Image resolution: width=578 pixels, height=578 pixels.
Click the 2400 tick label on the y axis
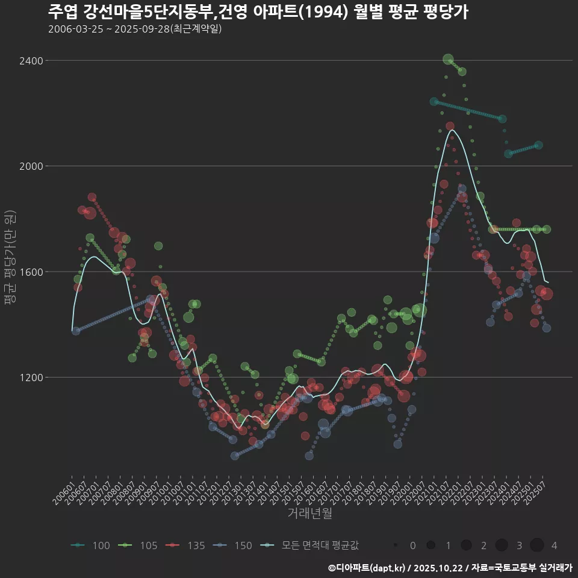point(31,61)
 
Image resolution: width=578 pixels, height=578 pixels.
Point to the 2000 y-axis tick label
point(31,166)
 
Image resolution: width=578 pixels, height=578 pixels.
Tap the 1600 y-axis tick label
point(31,272)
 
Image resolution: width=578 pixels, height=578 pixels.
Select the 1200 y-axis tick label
point(31,378)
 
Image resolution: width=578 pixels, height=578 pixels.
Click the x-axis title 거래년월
point(309,514)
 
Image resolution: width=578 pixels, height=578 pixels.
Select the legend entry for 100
point(92,545)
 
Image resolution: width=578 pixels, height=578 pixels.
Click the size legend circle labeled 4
point(537,545)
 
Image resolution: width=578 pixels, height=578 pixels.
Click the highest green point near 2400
point(448,59)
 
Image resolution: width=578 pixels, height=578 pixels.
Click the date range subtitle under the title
point(135,29)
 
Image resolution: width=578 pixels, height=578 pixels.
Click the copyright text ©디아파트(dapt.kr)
point(368,568)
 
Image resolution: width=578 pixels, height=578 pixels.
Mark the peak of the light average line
point(452,130)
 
